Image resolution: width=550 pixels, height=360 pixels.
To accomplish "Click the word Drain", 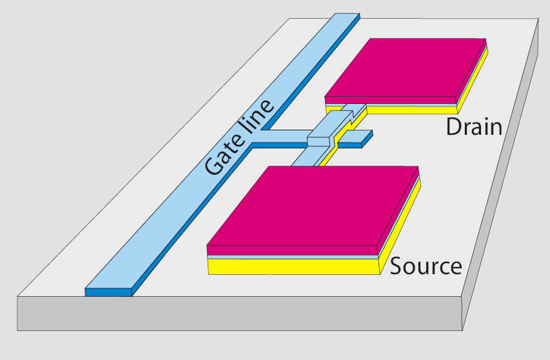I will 473,126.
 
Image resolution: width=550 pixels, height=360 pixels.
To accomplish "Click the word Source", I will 426,266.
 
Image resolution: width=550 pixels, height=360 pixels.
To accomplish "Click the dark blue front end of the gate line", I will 108,292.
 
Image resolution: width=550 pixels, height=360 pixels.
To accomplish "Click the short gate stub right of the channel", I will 360,136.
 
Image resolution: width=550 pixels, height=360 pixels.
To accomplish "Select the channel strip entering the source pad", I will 303,159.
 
